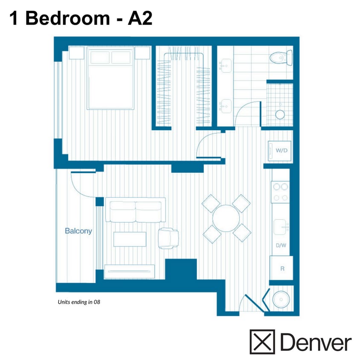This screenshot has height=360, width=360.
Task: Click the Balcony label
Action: coord(78,231)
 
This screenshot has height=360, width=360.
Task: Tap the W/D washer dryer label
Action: coord(281,151)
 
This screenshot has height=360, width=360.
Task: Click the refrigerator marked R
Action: coord(282,268)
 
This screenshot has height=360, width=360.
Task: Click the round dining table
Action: coord(226,218)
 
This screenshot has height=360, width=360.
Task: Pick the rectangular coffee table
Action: coord(130,239)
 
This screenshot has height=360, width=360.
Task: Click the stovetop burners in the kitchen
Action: coord(280,191)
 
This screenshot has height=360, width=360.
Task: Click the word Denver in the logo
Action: coord(316,343)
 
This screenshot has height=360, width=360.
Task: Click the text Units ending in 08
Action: coord(78,302)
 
